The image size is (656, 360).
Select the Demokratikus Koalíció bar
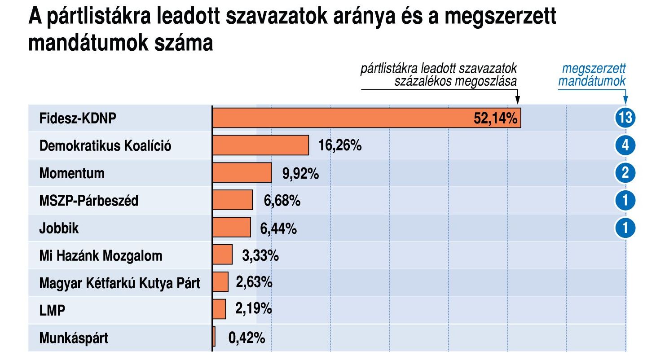[260, 145]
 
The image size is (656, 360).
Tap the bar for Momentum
[242, 173]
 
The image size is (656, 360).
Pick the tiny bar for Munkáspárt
[214, 337]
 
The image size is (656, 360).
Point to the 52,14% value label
[496, 119]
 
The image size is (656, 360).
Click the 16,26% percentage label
[340, 146]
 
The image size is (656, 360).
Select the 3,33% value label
[260, 256]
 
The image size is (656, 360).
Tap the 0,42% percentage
[247, 338]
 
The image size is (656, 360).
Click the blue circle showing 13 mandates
[625, 118]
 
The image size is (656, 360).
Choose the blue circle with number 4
[625, 145]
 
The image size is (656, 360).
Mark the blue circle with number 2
[625, 173]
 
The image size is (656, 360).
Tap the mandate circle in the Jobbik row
[625, 228]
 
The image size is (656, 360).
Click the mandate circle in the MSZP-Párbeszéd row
[625, 201]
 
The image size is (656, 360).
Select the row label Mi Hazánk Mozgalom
[101, 256]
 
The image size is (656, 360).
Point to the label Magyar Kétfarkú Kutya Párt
[119, 283]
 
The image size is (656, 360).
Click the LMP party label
[52, 310]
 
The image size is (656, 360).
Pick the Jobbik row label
[59, 228]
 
